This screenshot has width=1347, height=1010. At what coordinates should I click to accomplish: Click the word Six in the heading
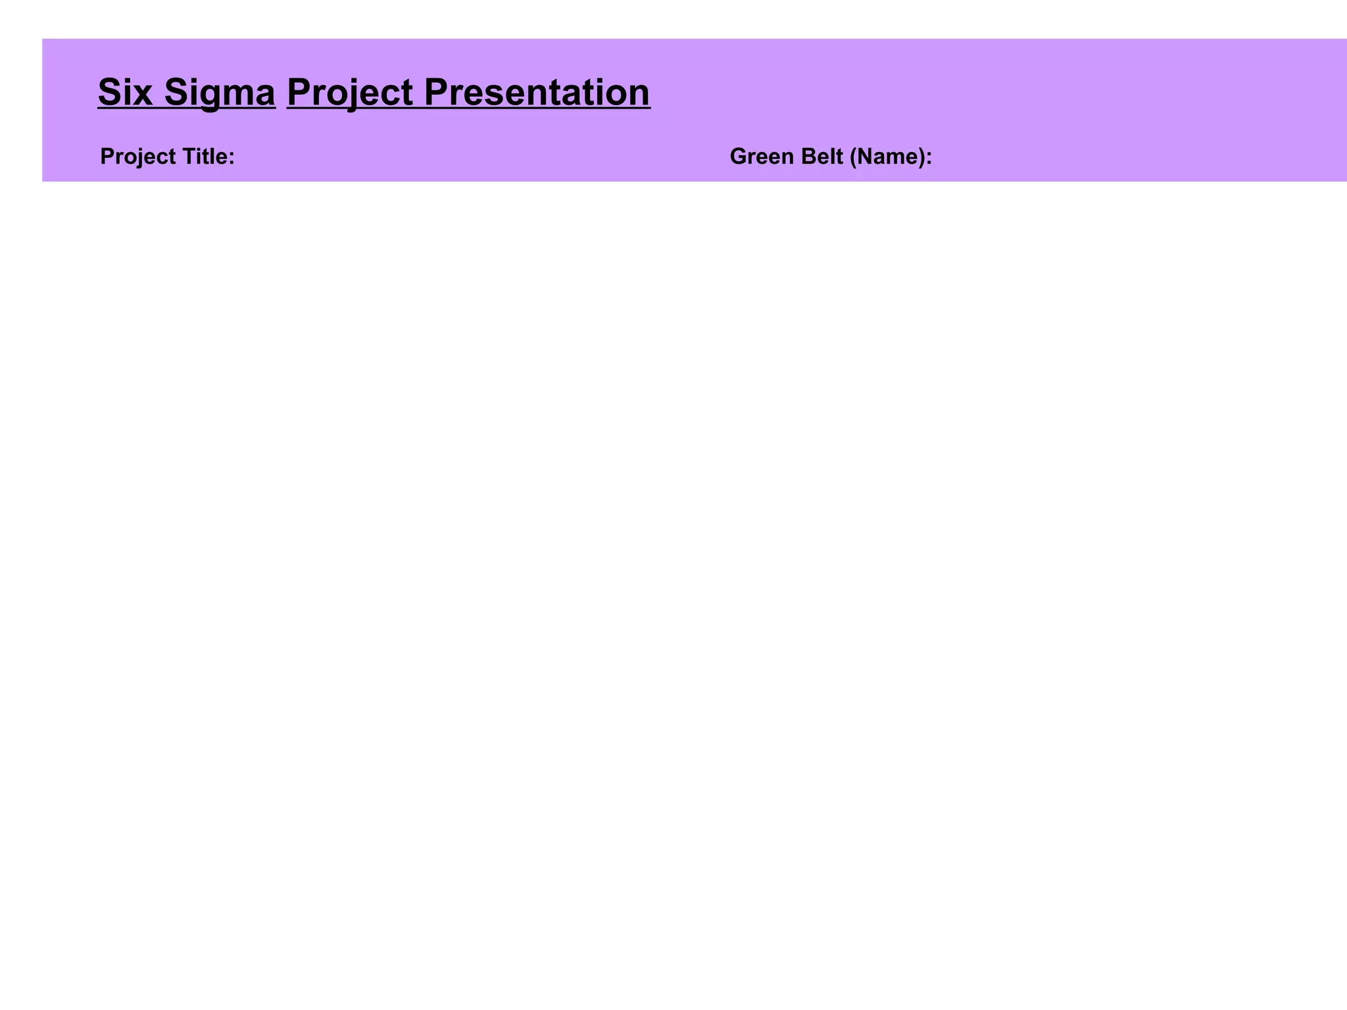point(125,92)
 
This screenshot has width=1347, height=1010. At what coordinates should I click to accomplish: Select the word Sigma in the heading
point(220,92)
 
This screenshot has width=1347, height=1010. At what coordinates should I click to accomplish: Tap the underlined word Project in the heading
point(350,92)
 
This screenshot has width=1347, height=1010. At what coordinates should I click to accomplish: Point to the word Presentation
point(537,92)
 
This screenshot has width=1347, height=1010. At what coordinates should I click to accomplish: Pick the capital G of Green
point(739,156)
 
